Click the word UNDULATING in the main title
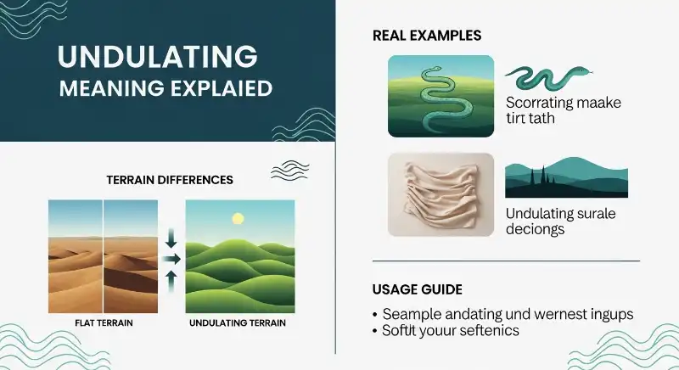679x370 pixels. pyautogui.click(x=157, y=57)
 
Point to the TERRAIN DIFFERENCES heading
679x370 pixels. pyautogui.click(x=169, y=180)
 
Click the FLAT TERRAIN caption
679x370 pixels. pyautogui.click(x=103, y=323)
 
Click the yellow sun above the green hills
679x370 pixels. pyautogui.click(x=238, y=219)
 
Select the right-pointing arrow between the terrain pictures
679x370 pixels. pyautogui.click(x=171, y=258)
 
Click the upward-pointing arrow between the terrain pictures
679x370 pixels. pyautogui.click(x=171, y=278)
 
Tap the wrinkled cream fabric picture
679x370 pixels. pyautogui.click(x=441, y=194)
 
